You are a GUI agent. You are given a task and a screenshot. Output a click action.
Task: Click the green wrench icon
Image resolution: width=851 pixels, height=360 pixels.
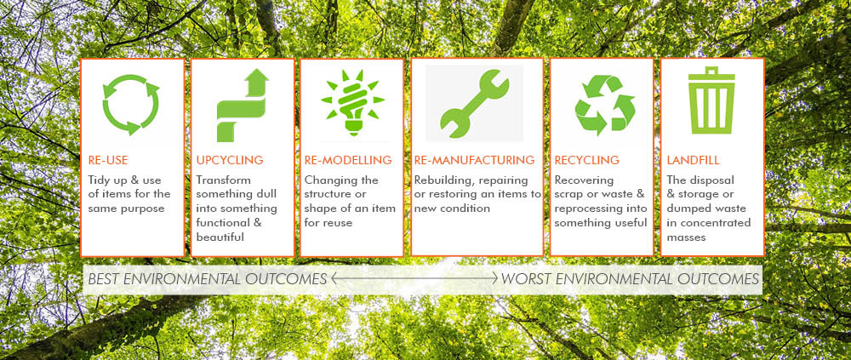(474, 103)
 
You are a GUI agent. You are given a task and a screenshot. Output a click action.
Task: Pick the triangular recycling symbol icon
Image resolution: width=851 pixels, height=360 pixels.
(604, 106)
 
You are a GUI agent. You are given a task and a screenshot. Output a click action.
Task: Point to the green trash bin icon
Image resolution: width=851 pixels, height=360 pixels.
(711, 100)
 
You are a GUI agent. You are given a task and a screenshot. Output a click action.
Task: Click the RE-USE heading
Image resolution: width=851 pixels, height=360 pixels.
(108, 160)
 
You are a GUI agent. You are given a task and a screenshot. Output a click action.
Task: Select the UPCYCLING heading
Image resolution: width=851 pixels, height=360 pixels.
(230, 160)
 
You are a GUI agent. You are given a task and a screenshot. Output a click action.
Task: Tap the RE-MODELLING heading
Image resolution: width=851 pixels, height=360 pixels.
(348, 160)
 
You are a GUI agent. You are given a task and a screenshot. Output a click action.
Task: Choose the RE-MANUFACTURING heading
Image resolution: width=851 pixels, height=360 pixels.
(474, 160)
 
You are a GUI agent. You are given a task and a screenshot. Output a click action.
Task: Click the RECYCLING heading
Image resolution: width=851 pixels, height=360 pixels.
(586, 160)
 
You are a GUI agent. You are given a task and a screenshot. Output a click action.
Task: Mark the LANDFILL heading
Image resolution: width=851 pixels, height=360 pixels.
(693, 160)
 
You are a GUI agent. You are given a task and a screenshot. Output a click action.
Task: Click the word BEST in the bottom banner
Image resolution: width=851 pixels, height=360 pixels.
(104, 279)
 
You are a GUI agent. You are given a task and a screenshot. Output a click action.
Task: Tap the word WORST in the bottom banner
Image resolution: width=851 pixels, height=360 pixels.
(525, 279)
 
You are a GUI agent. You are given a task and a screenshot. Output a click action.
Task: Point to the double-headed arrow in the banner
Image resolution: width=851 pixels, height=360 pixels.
(414, 279)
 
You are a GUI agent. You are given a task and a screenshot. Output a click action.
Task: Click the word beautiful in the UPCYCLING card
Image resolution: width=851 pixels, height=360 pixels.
(220, 237)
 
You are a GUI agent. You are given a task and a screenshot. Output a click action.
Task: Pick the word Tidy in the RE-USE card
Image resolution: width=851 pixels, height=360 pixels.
(99, 180)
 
